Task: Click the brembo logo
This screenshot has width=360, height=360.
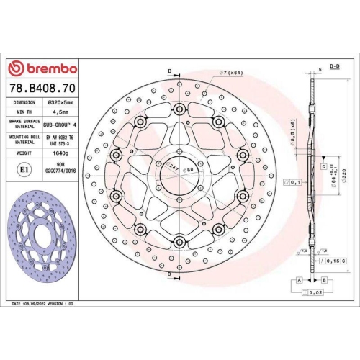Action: click(x=41, y=68)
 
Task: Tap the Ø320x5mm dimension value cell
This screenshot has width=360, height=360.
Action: click(x=58, y=102)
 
